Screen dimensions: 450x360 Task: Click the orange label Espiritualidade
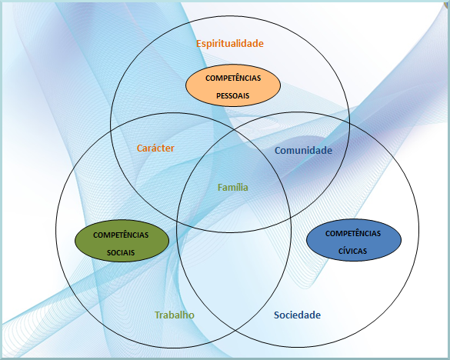230,44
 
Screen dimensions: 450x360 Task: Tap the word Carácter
155,148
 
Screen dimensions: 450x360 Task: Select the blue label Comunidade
303,151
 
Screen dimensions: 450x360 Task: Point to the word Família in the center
233,187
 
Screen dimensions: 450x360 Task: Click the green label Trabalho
175,315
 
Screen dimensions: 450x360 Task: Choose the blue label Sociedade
297,315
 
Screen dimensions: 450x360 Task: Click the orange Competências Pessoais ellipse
233,85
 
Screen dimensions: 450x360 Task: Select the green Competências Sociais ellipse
122,241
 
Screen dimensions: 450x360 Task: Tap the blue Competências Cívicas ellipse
354,240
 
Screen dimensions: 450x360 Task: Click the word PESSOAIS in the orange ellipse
233,95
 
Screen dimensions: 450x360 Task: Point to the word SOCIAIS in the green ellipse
121,252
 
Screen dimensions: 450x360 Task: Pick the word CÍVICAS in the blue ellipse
353,251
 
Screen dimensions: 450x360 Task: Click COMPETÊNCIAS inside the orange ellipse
233,78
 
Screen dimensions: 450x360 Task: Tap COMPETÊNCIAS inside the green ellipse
121,235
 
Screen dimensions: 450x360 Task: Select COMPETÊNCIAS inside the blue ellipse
353,233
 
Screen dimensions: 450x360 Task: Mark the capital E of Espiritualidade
199,44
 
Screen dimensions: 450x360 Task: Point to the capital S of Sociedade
277,315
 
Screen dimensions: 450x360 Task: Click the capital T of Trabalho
158,315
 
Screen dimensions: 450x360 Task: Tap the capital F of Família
220,188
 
